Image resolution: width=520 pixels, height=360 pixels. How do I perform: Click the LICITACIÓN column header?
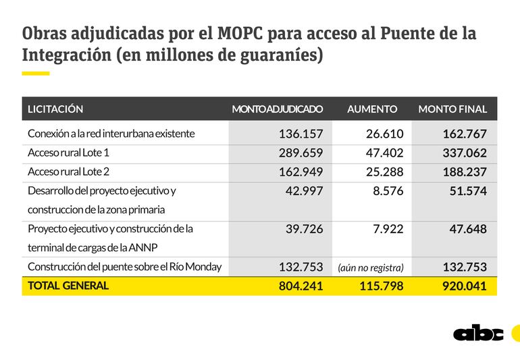point(55,109)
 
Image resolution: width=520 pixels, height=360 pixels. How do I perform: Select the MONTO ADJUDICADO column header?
point(277,109)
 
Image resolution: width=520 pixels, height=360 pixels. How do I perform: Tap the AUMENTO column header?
point(372,109)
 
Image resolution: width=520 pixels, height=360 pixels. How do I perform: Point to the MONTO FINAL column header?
point(452,109)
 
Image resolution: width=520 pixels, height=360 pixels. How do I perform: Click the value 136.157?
point(301,134)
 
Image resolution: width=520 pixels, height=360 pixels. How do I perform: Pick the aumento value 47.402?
point(384,153)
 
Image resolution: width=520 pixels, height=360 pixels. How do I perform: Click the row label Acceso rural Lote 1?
point(69,153)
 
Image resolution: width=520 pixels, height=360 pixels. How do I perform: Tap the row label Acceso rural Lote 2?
point(69,172)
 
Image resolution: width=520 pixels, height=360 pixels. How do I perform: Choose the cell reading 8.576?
point(388,191)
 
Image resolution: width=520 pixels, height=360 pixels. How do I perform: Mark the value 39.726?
point(304,229)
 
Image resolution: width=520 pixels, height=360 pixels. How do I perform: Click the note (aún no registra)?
point(371,267)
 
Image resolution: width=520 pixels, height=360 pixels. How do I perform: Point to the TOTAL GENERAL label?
point(68,286)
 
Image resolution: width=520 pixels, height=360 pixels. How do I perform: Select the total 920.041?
point(464,286)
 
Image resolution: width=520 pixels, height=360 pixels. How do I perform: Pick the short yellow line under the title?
point(36,73)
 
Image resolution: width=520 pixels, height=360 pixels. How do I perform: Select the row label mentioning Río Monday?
point(124,267)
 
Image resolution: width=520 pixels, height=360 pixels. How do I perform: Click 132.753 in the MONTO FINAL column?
point(464,267)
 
